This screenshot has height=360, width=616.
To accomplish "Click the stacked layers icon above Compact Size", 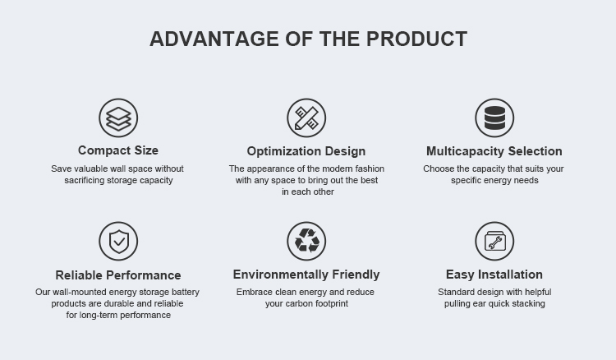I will coord(118,118).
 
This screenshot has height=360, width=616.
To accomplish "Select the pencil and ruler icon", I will coord(306,118).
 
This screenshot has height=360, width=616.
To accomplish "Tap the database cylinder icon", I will coord(494,118).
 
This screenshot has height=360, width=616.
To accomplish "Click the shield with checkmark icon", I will coord(118,241).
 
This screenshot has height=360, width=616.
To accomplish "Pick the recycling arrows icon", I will coord(306,241).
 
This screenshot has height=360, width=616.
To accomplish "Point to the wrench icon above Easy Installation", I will coord(494,241).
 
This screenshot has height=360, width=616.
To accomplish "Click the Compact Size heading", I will coord(118,150).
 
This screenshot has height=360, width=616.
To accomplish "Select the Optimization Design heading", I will coord(306,151).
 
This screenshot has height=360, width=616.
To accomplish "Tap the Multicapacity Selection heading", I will coord(494,151).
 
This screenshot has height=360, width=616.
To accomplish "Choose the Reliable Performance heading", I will coord(118,275).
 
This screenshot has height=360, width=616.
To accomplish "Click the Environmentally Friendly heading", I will coord(306,275).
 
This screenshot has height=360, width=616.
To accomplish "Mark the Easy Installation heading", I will coord(494,275).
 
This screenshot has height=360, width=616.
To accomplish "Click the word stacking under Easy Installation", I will coord(526,303).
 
